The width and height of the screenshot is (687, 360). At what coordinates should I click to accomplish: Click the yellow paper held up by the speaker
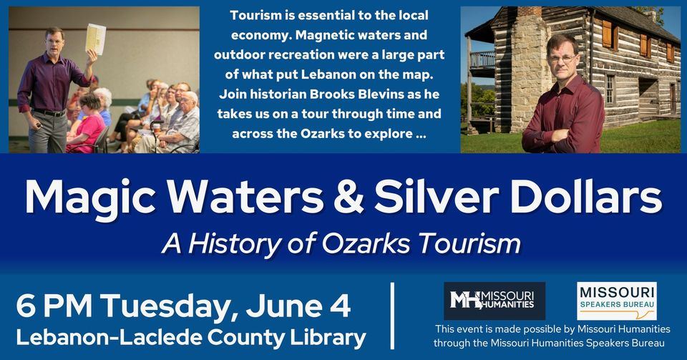tap(95, 39)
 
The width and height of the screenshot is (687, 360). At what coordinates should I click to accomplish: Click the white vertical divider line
tap(392, 315)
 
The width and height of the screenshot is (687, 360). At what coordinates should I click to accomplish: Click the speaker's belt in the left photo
tap(49, 112)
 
